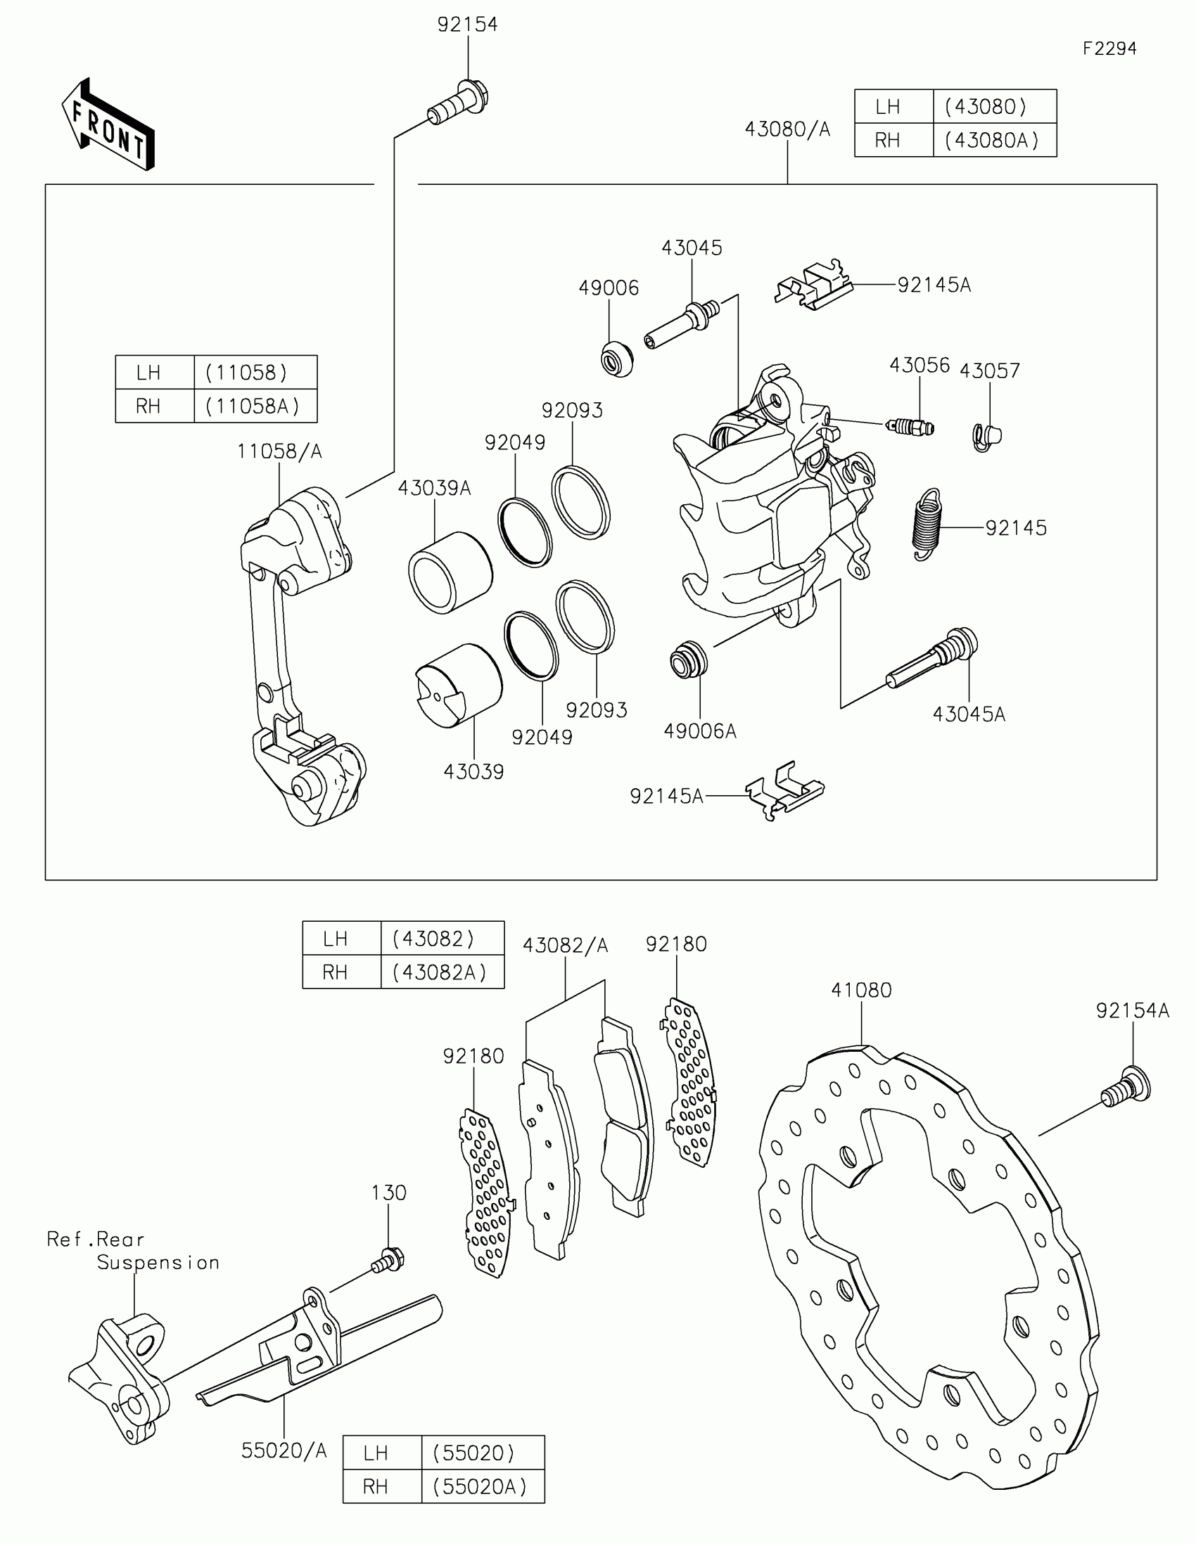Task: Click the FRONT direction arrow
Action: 108,126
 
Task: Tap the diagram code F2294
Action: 1109,49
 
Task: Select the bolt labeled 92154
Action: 459,103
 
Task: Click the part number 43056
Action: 919,366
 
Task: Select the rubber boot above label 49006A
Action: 687,659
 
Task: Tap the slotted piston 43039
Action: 458,684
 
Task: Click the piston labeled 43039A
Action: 450,572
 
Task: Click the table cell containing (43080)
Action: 993,107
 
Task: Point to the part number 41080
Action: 860,991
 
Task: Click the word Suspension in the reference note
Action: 158,1262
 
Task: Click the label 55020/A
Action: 284,1450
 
